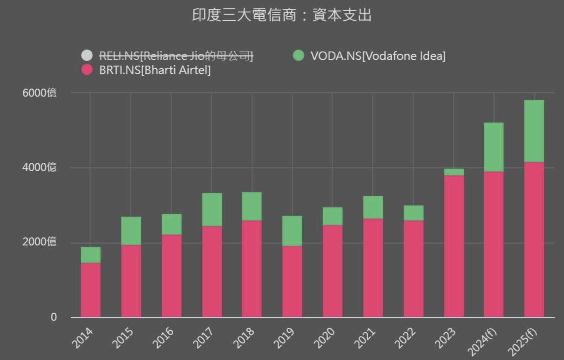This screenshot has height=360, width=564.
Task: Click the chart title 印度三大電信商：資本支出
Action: tap(282, 15)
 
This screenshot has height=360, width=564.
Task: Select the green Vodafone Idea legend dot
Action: tap(298, 56)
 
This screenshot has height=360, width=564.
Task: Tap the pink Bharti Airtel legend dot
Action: tap(87, 70)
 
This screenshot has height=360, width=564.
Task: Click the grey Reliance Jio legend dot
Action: tap(87, 56)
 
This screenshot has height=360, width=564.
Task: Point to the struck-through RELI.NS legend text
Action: tap(176, 56)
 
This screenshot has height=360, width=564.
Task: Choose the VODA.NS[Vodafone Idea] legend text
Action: tap(378, 56)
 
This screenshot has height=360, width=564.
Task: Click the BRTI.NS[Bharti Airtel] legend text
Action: tap(155, 70)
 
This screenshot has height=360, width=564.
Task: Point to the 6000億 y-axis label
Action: tap(39, 93)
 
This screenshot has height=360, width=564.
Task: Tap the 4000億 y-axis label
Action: tap(39, 167)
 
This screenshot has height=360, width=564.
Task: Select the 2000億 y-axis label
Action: tap(39, 242)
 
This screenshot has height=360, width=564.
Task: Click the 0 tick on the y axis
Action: tap(54, 317)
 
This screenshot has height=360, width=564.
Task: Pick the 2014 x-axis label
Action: tap(83, 338)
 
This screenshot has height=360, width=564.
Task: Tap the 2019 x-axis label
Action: tap(284, 338)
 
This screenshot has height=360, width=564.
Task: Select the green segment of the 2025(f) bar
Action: tap(534, 131)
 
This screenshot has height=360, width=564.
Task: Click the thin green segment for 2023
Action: tap(454, 172)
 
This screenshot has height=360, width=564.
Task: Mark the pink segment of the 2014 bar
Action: tap(91, 290)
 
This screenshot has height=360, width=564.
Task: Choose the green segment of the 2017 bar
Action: tap(212, 209)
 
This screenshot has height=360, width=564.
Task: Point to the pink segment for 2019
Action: tap(292, 281)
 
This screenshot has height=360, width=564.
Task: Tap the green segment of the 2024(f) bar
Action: tap(494, 147)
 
